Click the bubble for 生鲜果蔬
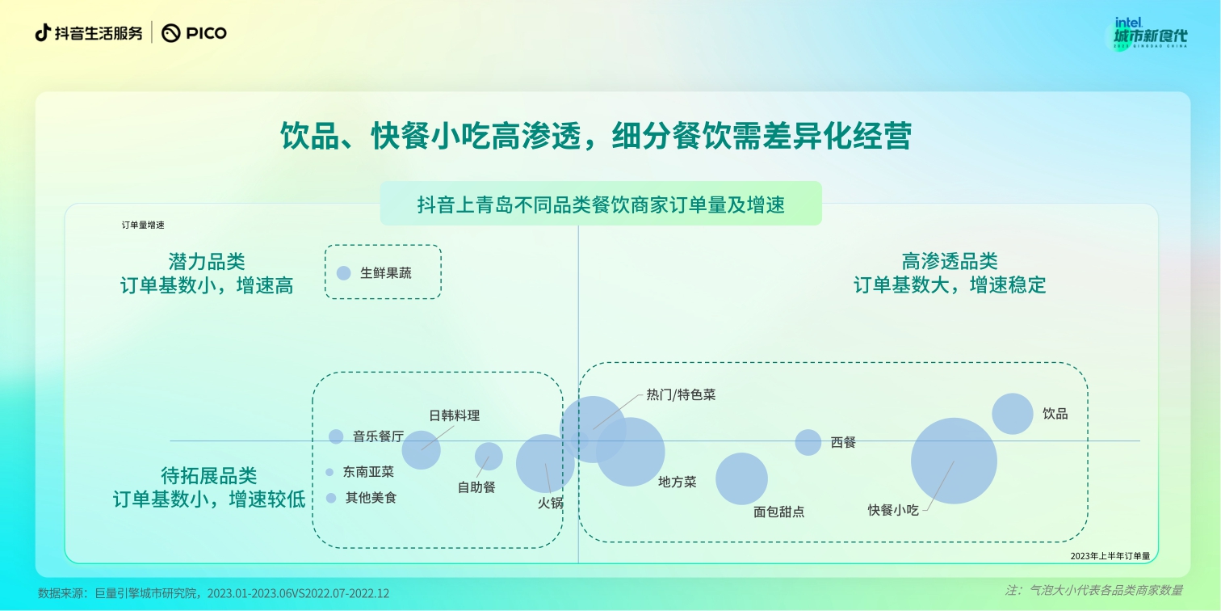(343, 273)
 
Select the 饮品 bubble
(1012, 414)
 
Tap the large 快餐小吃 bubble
(954, 461)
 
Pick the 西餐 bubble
(808, 442)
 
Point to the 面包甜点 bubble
(741, 478)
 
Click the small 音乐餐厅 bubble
(336, 436)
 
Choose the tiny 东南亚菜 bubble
(329, 472)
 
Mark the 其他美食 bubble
(330, 499)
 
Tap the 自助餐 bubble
(489, 457)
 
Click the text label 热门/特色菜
(681, 395)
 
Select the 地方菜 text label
(677, 482)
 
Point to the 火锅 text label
(551, 503)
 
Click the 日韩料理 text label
(454, 416)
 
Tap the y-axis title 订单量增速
(143, 225)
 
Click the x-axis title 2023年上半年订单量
(1110, 555)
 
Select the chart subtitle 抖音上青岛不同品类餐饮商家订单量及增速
(601, 204)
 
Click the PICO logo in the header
(195, 33)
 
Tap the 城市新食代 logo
(1150, 35)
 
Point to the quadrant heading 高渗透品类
(950, 261)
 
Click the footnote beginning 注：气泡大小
(1093, 591)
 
